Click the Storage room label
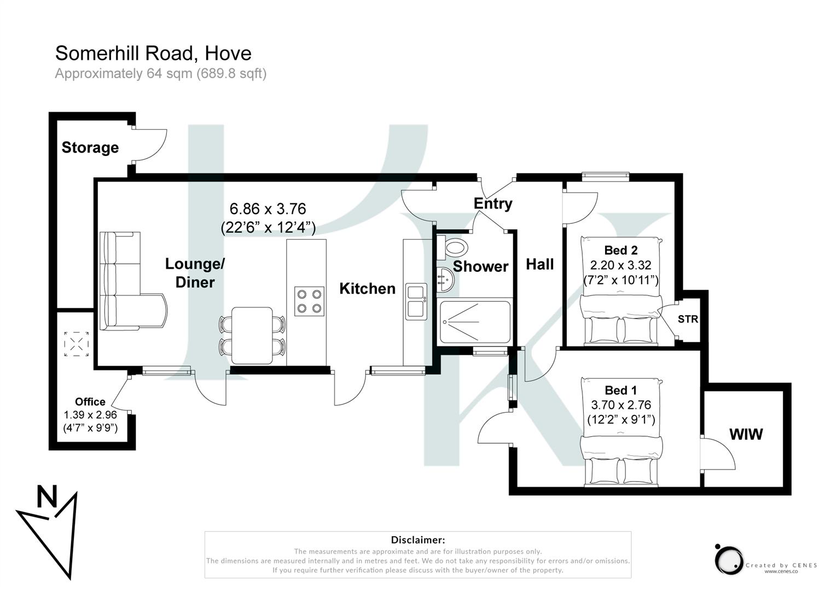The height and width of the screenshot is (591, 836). pyautogui.click(x=90, y=148)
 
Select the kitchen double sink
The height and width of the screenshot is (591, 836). pyautogui.click(x=416, y=302)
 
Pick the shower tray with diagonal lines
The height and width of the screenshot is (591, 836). pyautogui.click(x=475, y=322)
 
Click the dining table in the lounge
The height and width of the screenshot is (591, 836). pyautogui.click(x=252, y=335)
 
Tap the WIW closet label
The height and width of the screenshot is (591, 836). pyautogui.click(x=746, y=434)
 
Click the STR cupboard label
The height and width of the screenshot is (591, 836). pyautogui.click(x=688, y=319)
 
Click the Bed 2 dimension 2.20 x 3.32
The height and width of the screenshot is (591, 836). pyautogui.click(x=620, y=265)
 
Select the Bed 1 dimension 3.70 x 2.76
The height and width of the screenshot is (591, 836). pyautogui.click(x=621, y=405)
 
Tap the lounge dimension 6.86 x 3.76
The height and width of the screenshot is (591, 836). pyautogui.click(x=268, y=209)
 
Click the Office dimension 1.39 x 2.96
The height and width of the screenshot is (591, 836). pyautogui.click(x=90, y=415)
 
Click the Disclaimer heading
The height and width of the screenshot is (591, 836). pyautogui.click(x=418, y=540)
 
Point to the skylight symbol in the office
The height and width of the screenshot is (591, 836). pyautogui.click(x=77, y=344)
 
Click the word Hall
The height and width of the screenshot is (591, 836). pyautogui.click(x=539, y=265)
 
